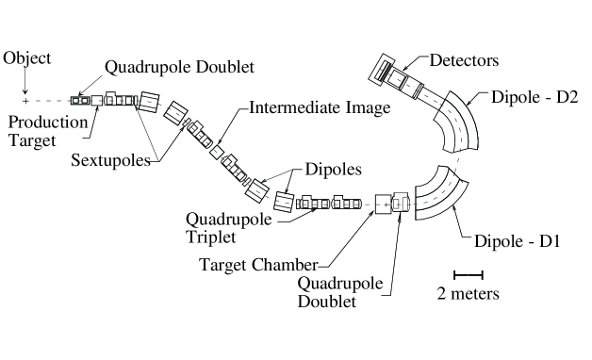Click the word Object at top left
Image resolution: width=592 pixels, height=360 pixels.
pos(26,58)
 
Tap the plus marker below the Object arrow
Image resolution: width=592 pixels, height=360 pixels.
pos(25,101)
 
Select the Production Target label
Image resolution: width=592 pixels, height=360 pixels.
pos(48,131)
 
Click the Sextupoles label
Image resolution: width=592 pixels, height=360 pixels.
pos(110,160)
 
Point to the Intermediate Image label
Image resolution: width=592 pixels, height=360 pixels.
pos(320,108)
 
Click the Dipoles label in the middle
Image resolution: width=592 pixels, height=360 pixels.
pos(333,170)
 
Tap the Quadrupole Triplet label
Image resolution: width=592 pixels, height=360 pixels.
pos(228,228)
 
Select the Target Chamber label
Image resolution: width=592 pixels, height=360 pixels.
pos(258,265)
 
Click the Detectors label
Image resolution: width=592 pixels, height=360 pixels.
pos(464,60)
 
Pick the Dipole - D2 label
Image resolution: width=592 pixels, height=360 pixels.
pos(534,97)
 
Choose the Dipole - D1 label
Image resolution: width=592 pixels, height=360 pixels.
pos(517,241)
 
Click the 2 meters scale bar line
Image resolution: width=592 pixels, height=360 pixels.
pos(469,275)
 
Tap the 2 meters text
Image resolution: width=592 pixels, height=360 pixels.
pos(469,294)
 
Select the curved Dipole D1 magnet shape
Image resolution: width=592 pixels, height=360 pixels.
pos(440,195)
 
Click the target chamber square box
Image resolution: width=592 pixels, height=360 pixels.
pos(384,205)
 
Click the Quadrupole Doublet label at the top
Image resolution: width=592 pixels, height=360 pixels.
pos(179,67)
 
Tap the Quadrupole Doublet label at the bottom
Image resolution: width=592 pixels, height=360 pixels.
pos(339,292)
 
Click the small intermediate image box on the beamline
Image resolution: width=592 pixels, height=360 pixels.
pos(216,152)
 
